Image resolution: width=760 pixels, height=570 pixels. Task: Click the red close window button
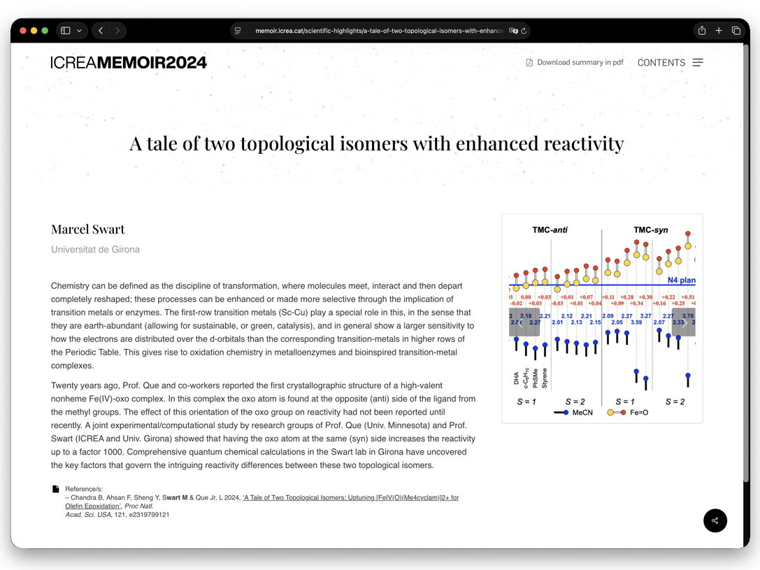coord(22,31)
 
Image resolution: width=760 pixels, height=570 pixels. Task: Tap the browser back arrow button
coord(101,31)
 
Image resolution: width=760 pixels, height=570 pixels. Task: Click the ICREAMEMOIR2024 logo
coord(129,62)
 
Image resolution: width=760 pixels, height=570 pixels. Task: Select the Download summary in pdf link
coord(580,62)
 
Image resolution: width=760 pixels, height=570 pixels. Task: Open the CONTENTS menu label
coord(661,62)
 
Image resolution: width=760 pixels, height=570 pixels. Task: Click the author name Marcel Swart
coord(88,229)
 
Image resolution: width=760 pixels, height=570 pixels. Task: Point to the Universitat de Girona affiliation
coord(95,250)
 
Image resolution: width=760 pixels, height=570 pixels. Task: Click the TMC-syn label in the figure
coord(651,229)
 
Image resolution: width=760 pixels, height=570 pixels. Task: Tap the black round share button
coord(715,520)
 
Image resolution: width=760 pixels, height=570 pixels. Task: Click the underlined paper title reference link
coord(350,497)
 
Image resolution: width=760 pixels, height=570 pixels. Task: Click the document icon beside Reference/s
coord(56,489)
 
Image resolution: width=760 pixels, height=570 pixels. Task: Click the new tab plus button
coord(719,31)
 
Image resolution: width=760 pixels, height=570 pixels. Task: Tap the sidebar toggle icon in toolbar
coord(66,31)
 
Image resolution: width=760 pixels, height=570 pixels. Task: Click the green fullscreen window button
coord(45,31)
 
